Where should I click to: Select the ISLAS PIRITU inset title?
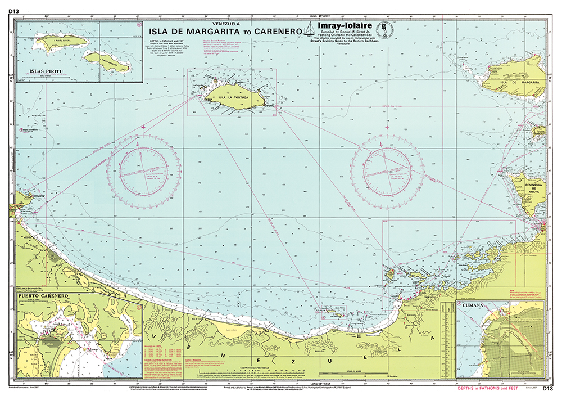(35, 74)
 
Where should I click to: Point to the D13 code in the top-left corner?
(14, 11)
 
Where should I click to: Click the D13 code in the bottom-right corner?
(548, 389)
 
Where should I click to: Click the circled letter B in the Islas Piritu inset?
(139, 25)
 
